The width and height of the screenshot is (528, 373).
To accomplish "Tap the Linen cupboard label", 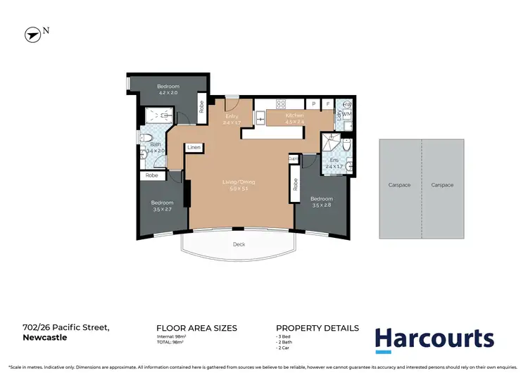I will (x=194, y=147).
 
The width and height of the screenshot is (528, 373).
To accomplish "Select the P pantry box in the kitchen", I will (x=313, y=103).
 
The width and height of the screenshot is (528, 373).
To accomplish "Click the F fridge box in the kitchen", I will (x=327, y=103).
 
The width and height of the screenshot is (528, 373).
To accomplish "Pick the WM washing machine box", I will (x=346, y=113).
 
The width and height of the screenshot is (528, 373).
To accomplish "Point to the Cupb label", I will (x=293, y=160).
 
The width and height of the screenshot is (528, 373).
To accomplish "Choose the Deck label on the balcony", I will (x=239, y=245).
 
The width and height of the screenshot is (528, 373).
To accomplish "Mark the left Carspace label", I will (x=399, y=185).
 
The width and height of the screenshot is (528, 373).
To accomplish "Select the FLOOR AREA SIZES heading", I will (x=196, y=328).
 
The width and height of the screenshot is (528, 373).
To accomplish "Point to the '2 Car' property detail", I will (x=284, y=348).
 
